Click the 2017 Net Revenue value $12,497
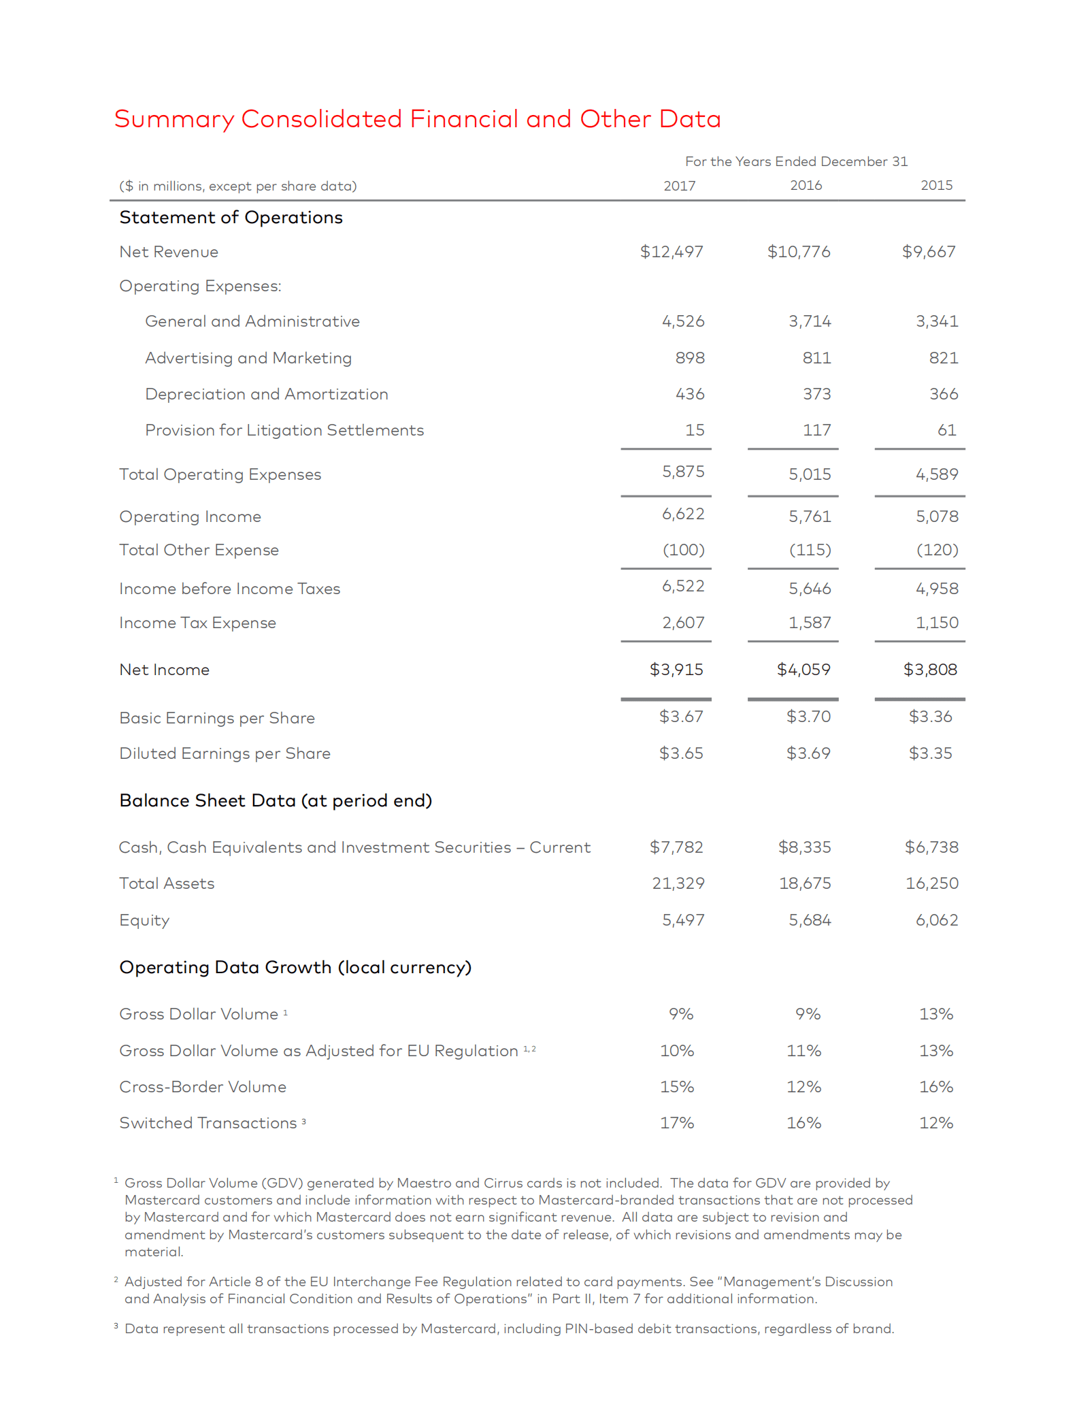[671, 252]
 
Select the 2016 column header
[806, 185]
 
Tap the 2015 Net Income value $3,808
[929, 670]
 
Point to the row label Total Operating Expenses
[220, 474]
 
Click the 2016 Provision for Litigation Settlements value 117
[816, 430]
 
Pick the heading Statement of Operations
[231, 217]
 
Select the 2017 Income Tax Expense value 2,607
[683, 623]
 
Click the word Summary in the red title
[173, 119]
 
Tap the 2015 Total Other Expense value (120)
[937, 550]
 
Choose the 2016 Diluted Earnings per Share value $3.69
[808, 753]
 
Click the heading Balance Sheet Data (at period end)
[276, 800]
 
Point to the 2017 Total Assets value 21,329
[678, 883]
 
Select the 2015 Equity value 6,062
[936, 920]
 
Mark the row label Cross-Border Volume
[203, 1087]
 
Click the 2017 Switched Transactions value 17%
[677, 1123]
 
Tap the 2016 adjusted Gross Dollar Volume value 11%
[803, 1051]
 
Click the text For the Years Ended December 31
[796, 161]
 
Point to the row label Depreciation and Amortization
[266, 394]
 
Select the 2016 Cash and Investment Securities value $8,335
[804, 847]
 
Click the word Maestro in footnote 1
[423, 1183]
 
